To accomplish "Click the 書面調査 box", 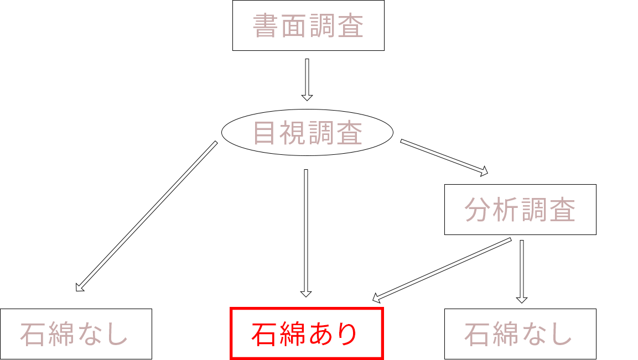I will pyautogui.click(x=308, y=25).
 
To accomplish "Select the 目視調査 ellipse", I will pyautogui.click(x=307, y=133).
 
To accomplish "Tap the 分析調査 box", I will pyautogui.click(x=520, y=210).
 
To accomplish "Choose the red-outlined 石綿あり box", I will pyautogui.click(x=306, y=333).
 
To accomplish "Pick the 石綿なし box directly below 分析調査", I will pyautogui.click(x=520, y=333).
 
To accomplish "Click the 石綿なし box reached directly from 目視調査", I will pyautogui.click(x=76, y=333).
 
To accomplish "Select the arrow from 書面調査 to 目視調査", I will pyautogui.click(x=307, y=80).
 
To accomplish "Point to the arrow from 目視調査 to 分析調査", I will pyautogui.click(x=444, y=158).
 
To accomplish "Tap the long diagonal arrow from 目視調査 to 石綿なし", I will pyautogui.click(x=146, y=216).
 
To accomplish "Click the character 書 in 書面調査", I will pyautogui.click(x=266, y=26).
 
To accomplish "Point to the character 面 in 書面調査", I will pyautogui.click(x=294, y=26).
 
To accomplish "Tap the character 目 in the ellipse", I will pyautogui.click(x=265, y=133).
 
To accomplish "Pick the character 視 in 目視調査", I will pyautogui.click(x=293, y=133).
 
